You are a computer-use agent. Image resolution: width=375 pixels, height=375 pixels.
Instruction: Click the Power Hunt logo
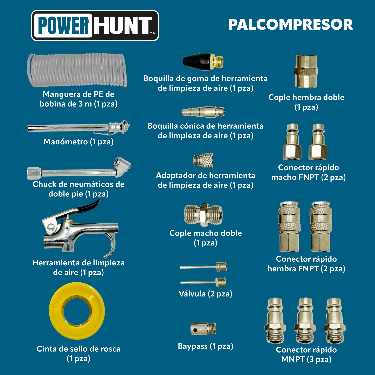(95, 26)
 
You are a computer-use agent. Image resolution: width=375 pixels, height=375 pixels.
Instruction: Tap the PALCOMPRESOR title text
(291, 25)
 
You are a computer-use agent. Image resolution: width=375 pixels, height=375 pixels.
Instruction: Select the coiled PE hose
(77, 70)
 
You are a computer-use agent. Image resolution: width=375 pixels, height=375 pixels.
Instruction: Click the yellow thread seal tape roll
(77, 311)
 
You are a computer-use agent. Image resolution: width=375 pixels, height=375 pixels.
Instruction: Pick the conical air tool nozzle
(203, 112)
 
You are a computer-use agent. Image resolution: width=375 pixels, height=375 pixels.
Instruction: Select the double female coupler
(306, 71)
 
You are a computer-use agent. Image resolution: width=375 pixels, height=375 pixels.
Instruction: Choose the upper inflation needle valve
(203, 267)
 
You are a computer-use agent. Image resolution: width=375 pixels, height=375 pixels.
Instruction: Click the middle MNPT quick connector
(305, 320)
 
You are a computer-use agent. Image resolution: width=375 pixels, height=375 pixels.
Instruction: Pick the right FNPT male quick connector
(318, 142)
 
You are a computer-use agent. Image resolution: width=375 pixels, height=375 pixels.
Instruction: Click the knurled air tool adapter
(203, 160)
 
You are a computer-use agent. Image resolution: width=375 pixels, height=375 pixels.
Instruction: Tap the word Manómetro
(66, 142)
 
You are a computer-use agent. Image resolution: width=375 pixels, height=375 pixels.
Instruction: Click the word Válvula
(192, 294)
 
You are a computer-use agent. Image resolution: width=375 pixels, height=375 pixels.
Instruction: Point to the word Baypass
(193, 346)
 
